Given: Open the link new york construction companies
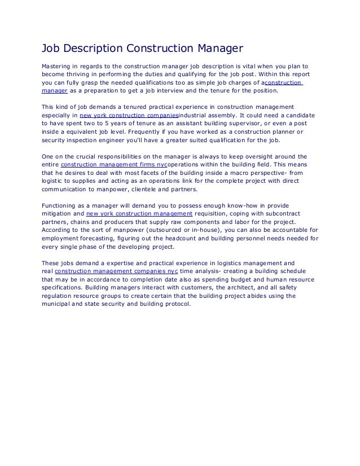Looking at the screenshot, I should [129, 115].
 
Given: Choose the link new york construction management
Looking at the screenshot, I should [139, 214].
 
